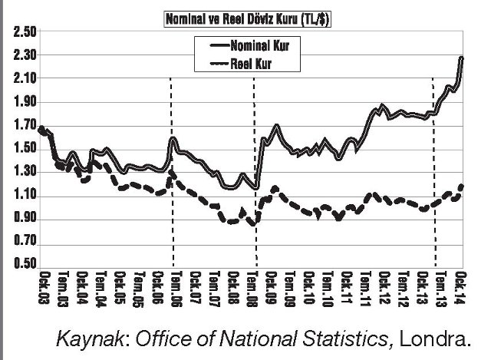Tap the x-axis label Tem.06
(176, 289)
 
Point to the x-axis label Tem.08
(252, 289)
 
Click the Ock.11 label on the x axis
(348, 289)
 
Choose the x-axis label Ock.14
(462, 289)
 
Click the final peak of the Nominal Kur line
(463, 58)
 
